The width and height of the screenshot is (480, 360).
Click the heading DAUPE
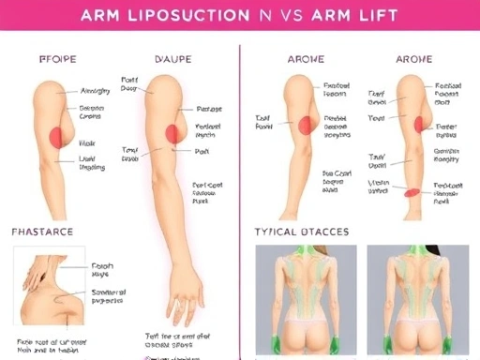(172, 59)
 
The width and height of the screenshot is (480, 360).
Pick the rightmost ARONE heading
(414, 59)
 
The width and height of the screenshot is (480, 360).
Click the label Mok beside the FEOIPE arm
(88, 143)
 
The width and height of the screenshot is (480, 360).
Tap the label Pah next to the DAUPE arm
(202, 150)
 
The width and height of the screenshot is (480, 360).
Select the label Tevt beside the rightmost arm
(377, 119)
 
